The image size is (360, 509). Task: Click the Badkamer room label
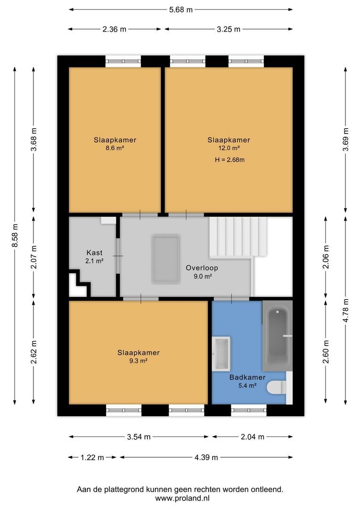point(247,377)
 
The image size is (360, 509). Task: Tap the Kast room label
point(94,253)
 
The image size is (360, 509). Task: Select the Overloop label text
point(202,268)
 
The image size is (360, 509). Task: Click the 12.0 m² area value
point(229,148)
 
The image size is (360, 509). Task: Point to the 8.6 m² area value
point(115,148)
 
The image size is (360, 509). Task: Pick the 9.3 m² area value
point(139,361)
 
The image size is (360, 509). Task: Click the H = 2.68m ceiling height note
point(229,160)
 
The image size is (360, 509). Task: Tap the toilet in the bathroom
point(277,387)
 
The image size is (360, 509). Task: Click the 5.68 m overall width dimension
point(180,9)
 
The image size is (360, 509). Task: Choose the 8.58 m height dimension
point(15,235)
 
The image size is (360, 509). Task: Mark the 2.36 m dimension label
point(115,29)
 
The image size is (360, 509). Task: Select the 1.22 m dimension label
point(92,457)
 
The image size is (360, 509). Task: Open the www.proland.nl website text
point(182,498)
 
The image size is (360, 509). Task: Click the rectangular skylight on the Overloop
point(166,259)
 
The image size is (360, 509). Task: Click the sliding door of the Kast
point(118,256)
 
